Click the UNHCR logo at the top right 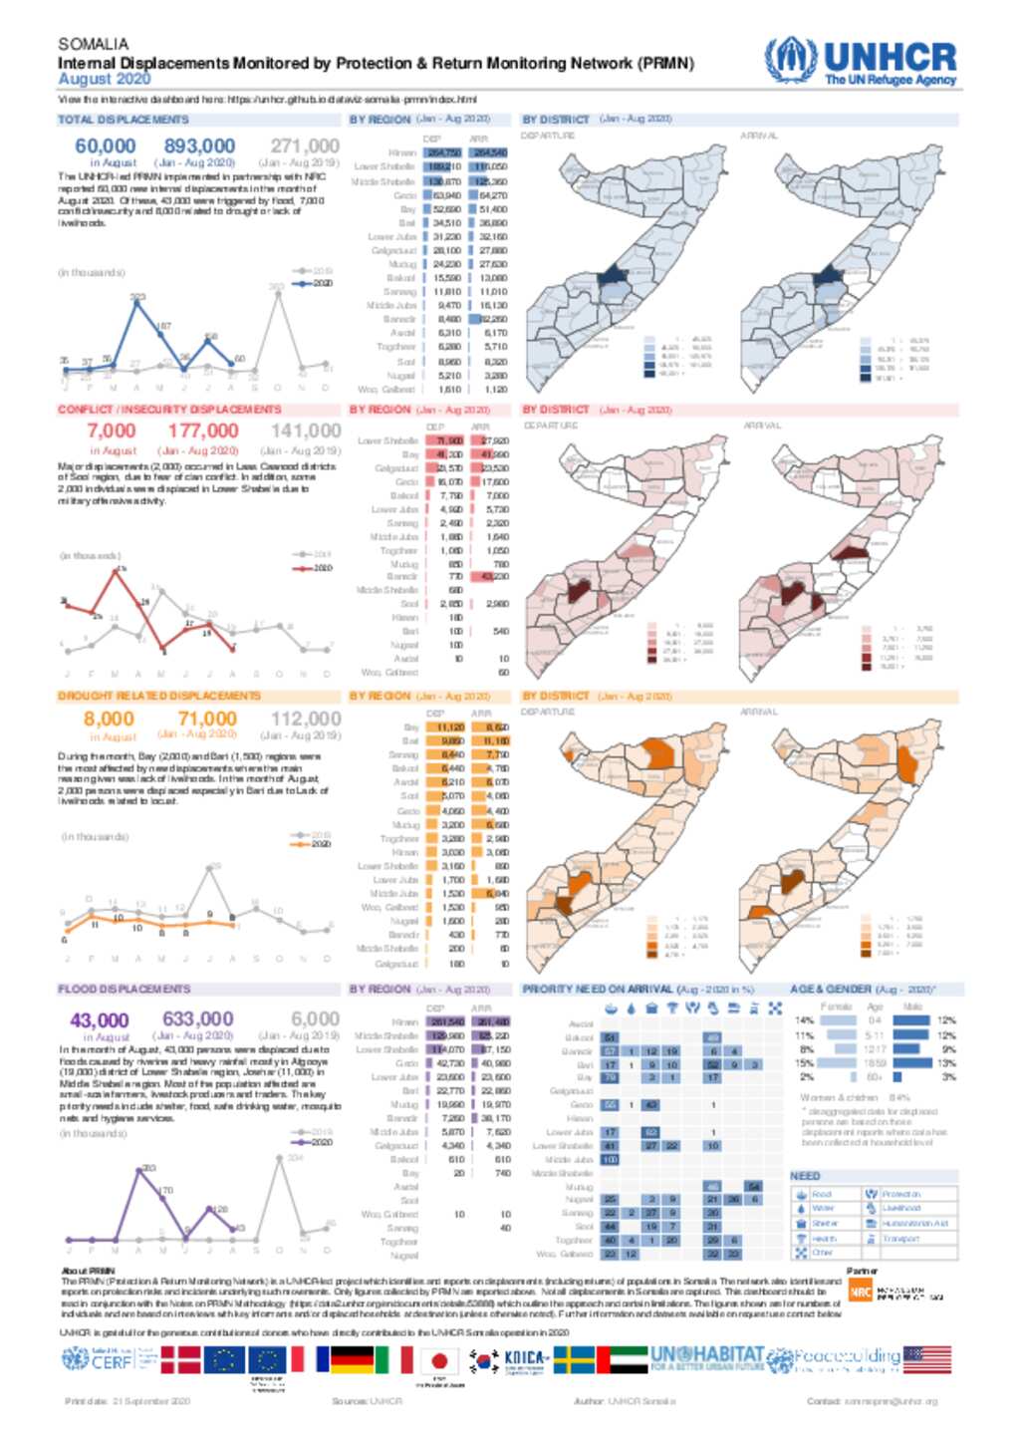[861, 62]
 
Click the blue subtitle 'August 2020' [104, 80]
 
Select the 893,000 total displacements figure [199, 146]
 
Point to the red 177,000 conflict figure [203, 431]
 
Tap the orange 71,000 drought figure [207, 719]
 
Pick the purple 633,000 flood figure [198, 1018]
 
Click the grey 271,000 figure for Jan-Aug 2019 [305, 146]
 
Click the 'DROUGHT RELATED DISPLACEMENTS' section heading [158, 696]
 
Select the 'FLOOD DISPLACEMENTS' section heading [124, 989]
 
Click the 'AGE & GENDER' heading [831, 990]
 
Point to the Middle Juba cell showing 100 [610, 1160]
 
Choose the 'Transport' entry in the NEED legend [900, 1239]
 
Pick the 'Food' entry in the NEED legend [822, 1194]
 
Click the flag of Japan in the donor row [438, 1360]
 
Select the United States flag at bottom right [926, 1359]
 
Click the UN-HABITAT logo [706, 1358]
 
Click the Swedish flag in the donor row [574, 1360]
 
